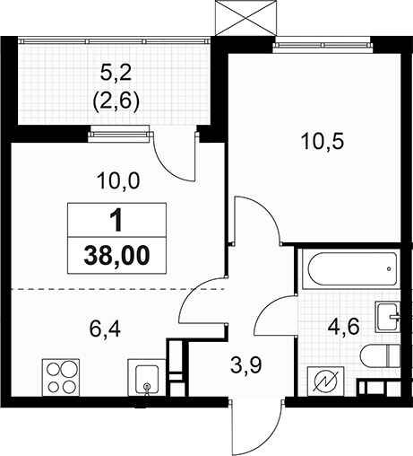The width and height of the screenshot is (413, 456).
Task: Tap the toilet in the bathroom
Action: tap(380, 356)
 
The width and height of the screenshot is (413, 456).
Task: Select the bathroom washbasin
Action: tap(388, 317)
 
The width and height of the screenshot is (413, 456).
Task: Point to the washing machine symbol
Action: tap(325, 381)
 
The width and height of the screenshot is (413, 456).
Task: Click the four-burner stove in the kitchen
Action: tap(61, 378)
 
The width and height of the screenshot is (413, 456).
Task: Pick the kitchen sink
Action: tap(147, 378)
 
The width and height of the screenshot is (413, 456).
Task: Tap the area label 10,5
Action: tap(323, 142)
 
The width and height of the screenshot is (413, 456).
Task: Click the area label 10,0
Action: tap(118, 181)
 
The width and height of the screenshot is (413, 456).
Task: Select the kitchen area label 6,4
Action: tap(105, 329)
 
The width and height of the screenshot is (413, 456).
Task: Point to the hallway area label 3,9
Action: tap(246, 365)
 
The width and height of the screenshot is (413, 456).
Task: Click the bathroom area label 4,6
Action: tap(343, 328)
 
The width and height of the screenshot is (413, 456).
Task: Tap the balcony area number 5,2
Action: tap(116, 74)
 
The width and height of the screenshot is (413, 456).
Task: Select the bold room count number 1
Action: tap(117, 220)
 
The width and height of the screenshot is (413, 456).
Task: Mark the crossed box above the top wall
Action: tap(245, 17)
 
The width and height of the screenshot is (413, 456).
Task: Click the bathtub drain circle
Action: tap(389, 269)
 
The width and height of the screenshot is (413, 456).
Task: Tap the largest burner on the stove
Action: tap(69, 369)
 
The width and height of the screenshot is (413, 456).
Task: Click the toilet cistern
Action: tap(393, 356)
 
